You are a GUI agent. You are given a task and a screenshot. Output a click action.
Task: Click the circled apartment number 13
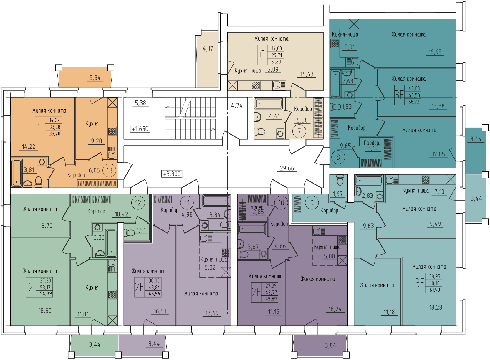point(109,171)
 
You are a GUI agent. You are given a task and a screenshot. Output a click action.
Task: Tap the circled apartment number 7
point(299,131)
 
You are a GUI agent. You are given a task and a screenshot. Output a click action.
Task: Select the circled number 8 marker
point(338,157)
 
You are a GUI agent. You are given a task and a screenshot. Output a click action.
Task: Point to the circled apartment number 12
point(138,203)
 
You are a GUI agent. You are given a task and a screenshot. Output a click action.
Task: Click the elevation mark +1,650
point(140,129)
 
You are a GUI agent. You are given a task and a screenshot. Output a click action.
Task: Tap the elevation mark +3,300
point(172,174)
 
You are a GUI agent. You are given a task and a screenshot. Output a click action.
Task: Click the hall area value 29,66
point(287,168)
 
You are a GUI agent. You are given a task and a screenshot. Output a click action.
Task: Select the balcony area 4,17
point(208,48)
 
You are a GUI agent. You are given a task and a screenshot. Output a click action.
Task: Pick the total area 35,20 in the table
point(54,133)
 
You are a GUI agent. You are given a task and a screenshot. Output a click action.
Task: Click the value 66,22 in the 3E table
point(414,102)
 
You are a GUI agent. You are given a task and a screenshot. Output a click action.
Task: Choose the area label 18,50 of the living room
point(45,311)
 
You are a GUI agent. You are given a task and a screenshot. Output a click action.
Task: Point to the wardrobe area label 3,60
point(373,148)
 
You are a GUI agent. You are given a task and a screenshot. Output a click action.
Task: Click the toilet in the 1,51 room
point(129,232)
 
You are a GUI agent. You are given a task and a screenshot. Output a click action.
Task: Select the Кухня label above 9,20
point(92,123)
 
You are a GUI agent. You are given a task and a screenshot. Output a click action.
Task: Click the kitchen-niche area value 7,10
point(439,192)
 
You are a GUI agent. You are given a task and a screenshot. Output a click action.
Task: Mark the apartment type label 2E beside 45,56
point(139,287)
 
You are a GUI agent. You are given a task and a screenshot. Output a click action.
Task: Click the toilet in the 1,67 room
point(340,180)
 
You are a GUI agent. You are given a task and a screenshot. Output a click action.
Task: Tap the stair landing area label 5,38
point(140,103)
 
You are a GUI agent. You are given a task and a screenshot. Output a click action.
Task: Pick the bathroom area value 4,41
point(274,116)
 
